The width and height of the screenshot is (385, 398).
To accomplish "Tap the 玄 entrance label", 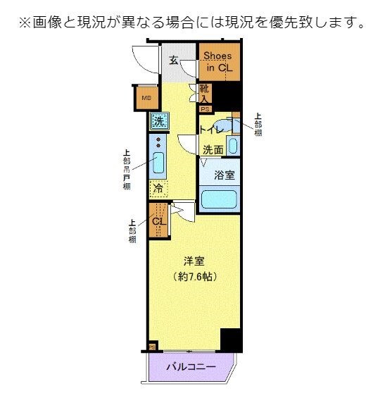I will (x=173, y=60).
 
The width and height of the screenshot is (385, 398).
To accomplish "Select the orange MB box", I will (x=146, y=98).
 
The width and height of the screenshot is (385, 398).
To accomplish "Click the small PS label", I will (x=205, y=109).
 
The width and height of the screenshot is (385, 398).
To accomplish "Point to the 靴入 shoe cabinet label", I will (x=204, y=94).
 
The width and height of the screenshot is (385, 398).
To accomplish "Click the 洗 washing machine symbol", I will (x=159, y=120).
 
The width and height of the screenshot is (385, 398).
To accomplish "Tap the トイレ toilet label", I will (x=210, y=130).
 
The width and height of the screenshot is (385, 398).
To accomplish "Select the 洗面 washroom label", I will (x=213, y=149).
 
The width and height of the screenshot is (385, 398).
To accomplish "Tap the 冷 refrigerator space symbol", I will (x=159, y=189).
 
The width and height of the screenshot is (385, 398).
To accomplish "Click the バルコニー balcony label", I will (x=191, y=366).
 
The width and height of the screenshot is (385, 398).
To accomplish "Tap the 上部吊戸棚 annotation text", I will (x=127, y=168).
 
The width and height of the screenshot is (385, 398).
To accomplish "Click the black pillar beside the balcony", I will (x=230, y=340).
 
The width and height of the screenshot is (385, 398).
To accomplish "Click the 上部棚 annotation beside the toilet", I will (x=258, y=124).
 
